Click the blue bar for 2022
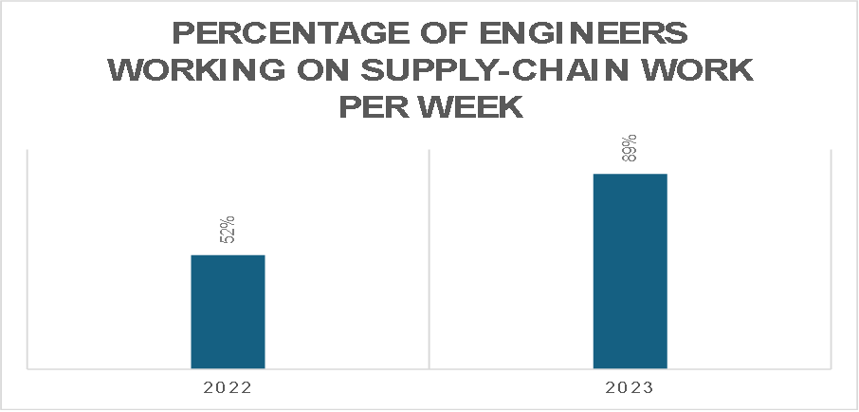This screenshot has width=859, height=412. (x=228, y=310)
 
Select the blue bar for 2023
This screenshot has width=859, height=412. (x=630, y=271)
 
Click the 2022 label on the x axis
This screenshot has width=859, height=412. (x=228, y=388)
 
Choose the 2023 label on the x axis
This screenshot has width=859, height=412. (x=630, y=388)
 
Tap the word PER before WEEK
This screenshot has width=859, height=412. (x=376, y=108)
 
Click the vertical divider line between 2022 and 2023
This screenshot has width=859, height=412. (x=429, y=256)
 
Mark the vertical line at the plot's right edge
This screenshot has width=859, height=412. (x=831, y=256)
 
